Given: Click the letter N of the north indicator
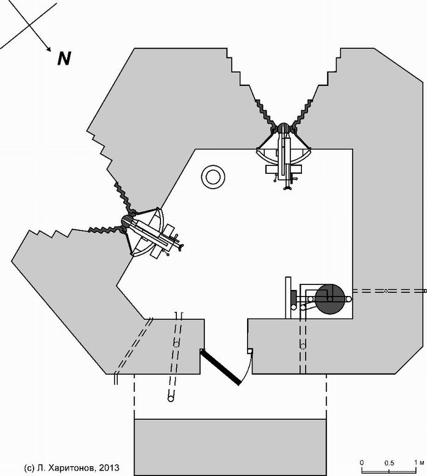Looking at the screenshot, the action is pyautogui.click(x=64, y=59).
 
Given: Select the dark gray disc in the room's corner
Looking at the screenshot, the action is pyautogui.click(x=330, y=299).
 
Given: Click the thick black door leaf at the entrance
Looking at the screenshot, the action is pyautogui.click(x=221, y=367).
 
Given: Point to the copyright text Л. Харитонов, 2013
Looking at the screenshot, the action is pyautogui.click(x=71, y=467).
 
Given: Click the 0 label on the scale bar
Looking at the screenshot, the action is pyautogui.click(x=362, y=463).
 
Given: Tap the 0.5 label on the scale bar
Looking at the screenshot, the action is pyautogui.click(x=389, y=463).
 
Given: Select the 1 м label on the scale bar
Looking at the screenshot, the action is pyautogui.click(x=419, y=463).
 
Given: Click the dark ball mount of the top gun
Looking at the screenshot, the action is pyautogui.click(x=284, y=128).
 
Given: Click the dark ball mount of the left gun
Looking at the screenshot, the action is pyautogui.click(x=127, y=222).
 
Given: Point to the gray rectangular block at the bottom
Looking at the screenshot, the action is pyautogui.click(x=230, y=447).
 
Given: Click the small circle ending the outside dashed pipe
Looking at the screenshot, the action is pyautogui.click(x=171, y=398).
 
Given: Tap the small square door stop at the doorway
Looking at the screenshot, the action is pyautogui.click(x=249, y=351).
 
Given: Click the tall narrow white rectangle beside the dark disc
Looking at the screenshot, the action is pyautogui.click(x=289, y=298).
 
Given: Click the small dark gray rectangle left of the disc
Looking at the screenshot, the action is pyautogui.click(x=293, y=298).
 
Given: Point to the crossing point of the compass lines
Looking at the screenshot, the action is pyautogui.click(x=29, y=25).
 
